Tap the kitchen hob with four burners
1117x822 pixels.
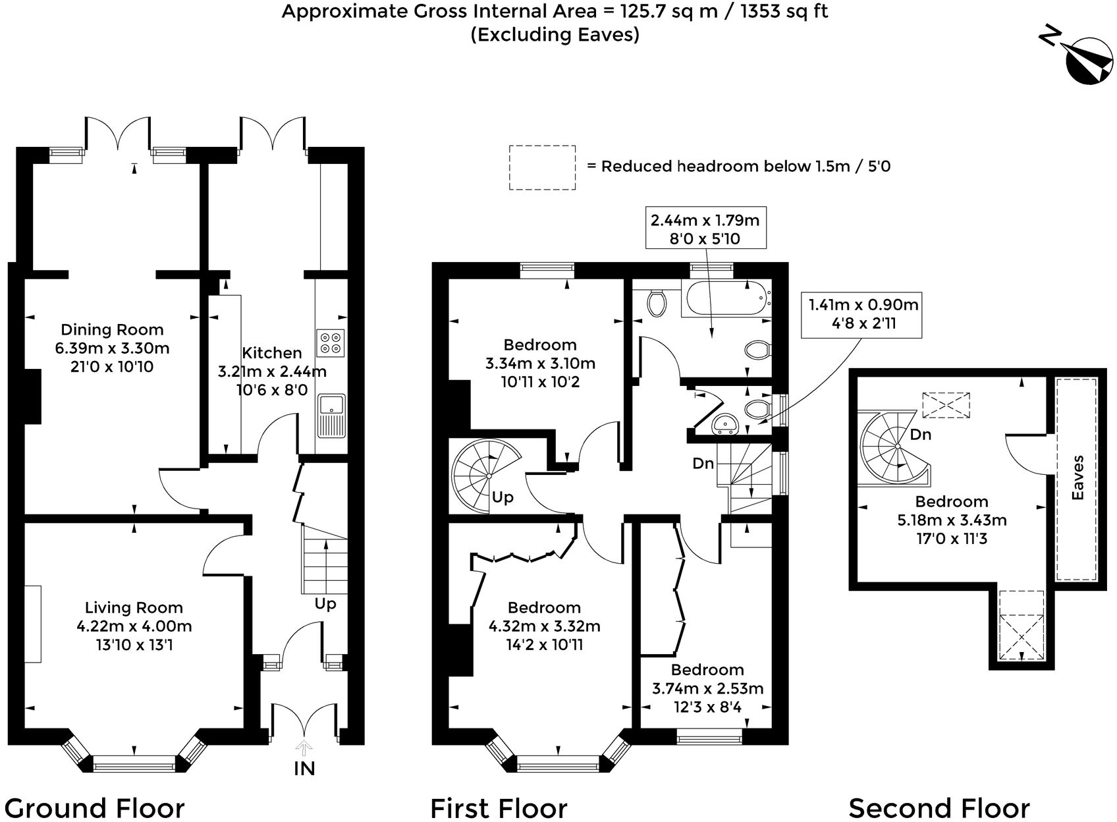pos(331,342)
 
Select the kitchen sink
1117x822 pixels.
pos(331,415)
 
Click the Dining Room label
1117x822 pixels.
pos(112,330)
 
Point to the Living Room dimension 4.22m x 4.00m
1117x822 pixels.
pos(134,626)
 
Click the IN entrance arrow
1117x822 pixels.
pos(304,748)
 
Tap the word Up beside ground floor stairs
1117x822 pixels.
pos(325,604)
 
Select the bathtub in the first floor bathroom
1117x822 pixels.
pos(727,298)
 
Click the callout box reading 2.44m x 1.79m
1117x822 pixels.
pos(705,229)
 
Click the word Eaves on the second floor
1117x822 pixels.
pos(1077,478)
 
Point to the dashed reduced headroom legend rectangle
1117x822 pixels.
pos(542,168)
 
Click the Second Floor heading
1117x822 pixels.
pos(939,808)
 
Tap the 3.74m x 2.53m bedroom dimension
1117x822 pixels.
pos(707,689)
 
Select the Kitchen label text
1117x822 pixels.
pos(272,352)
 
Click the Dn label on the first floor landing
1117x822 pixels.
pos(703,464)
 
